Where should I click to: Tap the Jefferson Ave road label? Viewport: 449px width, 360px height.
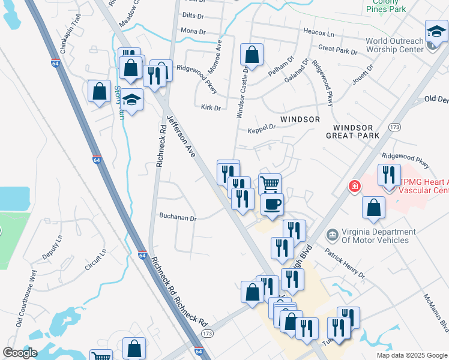tap(181, 137)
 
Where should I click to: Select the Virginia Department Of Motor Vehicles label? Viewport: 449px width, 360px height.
tap(378, 236)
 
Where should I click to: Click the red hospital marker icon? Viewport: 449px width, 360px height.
tap(355, 187)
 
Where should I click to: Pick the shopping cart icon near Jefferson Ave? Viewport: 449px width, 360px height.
tap(270, 184)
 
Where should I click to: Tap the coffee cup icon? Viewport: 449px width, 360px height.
tap(271, 204)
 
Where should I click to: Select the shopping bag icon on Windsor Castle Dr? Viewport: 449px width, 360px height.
tap(252, 55)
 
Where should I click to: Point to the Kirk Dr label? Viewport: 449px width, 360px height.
tap(211, 107)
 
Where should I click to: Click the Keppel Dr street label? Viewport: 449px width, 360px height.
tap(261, 128)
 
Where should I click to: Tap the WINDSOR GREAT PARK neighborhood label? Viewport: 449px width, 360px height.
tap(357, 131)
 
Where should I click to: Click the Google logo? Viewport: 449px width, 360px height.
tap(20, 353)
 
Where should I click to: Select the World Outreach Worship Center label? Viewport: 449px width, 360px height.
tap(394, 46)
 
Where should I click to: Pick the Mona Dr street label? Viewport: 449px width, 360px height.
tap(193, 31)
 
